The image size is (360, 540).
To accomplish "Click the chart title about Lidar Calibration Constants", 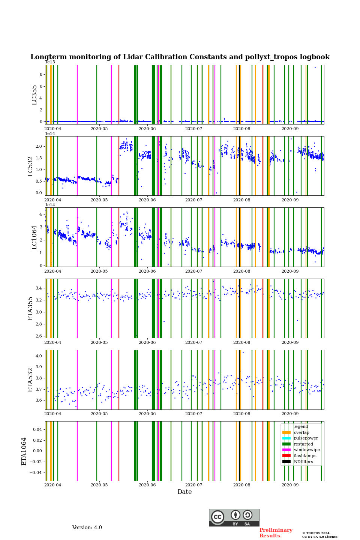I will (180, 57).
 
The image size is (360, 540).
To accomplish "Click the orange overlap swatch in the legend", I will (286, 432).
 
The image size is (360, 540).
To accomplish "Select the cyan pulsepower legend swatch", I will (286, 438).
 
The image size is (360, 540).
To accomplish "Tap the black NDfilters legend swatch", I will (286, 462).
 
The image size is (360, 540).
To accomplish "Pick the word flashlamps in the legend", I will (305, 456).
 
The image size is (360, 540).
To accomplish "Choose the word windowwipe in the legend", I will (307, 450).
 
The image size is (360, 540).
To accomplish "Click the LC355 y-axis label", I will (34, 95).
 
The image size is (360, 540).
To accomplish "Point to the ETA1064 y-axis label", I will (24, 451).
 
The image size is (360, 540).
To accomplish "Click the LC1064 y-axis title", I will (34, 237).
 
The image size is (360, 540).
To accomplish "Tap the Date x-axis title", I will (184, 492).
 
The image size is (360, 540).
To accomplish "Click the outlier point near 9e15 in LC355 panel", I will (315, 68).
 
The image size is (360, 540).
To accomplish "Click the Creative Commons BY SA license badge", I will (234, 517).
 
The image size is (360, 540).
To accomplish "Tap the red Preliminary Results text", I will (276, 533).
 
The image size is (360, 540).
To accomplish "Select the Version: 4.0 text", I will (87, 528).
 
